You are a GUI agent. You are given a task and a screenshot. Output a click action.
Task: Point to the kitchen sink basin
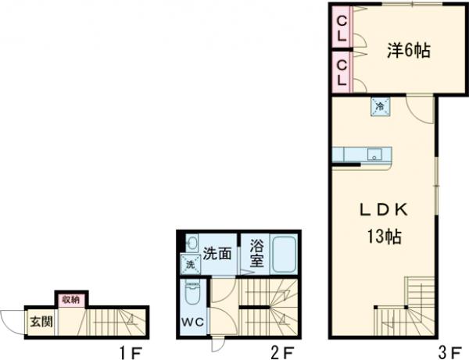[x=374, y=153]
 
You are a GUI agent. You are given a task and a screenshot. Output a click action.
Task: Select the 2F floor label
[x=282, y=352]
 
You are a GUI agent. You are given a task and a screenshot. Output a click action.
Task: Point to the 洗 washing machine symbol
[x=189, y=265]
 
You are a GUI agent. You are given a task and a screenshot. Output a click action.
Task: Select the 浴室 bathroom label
[x=256, y=253]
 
